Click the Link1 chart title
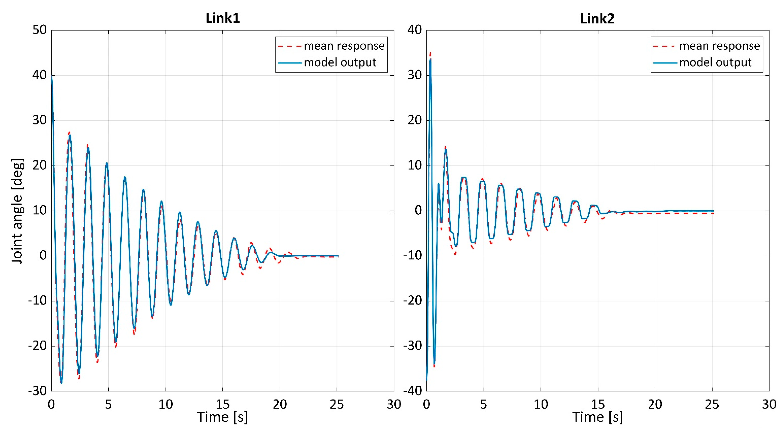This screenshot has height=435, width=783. [223, 18]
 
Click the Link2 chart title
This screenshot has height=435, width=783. [597, 18]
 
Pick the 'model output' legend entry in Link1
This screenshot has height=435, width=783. [327, 62]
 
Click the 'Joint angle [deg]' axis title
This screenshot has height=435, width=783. [17, 211]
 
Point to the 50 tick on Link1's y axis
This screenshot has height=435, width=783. [40, 30]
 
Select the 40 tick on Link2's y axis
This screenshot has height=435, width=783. [415, 30]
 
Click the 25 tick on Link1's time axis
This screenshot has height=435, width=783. [337, 404]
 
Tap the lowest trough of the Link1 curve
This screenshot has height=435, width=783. [61, 383]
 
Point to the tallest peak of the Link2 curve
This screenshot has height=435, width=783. [430, 53]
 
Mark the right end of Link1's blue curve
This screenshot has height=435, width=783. [338, 256]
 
